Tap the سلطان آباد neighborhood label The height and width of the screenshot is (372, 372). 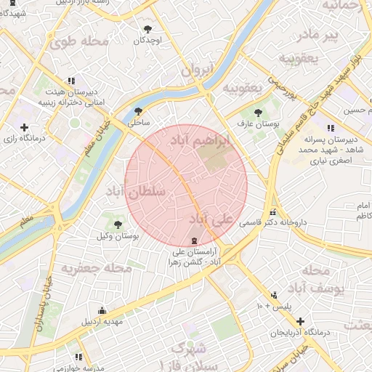[x=136, y=193]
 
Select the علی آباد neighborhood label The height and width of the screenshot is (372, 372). [x=212, y=219]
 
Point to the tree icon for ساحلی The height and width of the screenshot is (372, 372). [x=138, y=112]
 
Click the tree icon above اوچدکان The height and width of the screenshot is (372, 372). [x=148, y=29]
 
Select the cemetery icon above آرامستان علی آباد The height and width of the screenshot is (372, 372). [x=193, y=240]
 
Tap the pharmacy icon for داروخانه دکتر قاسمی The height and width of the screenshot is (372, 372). [x=272, y=213]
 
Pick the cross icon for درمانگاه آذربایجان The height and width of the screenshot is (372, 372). [x=300, y=320]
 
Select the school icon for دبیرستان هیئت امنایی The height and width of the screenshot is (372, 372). [x=70, y=81]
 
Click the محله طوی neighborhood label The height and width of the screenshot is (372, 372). [x=80, y=41]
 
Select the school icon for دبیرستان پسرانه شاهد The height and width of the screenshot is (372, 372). [x=331, y=128]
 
